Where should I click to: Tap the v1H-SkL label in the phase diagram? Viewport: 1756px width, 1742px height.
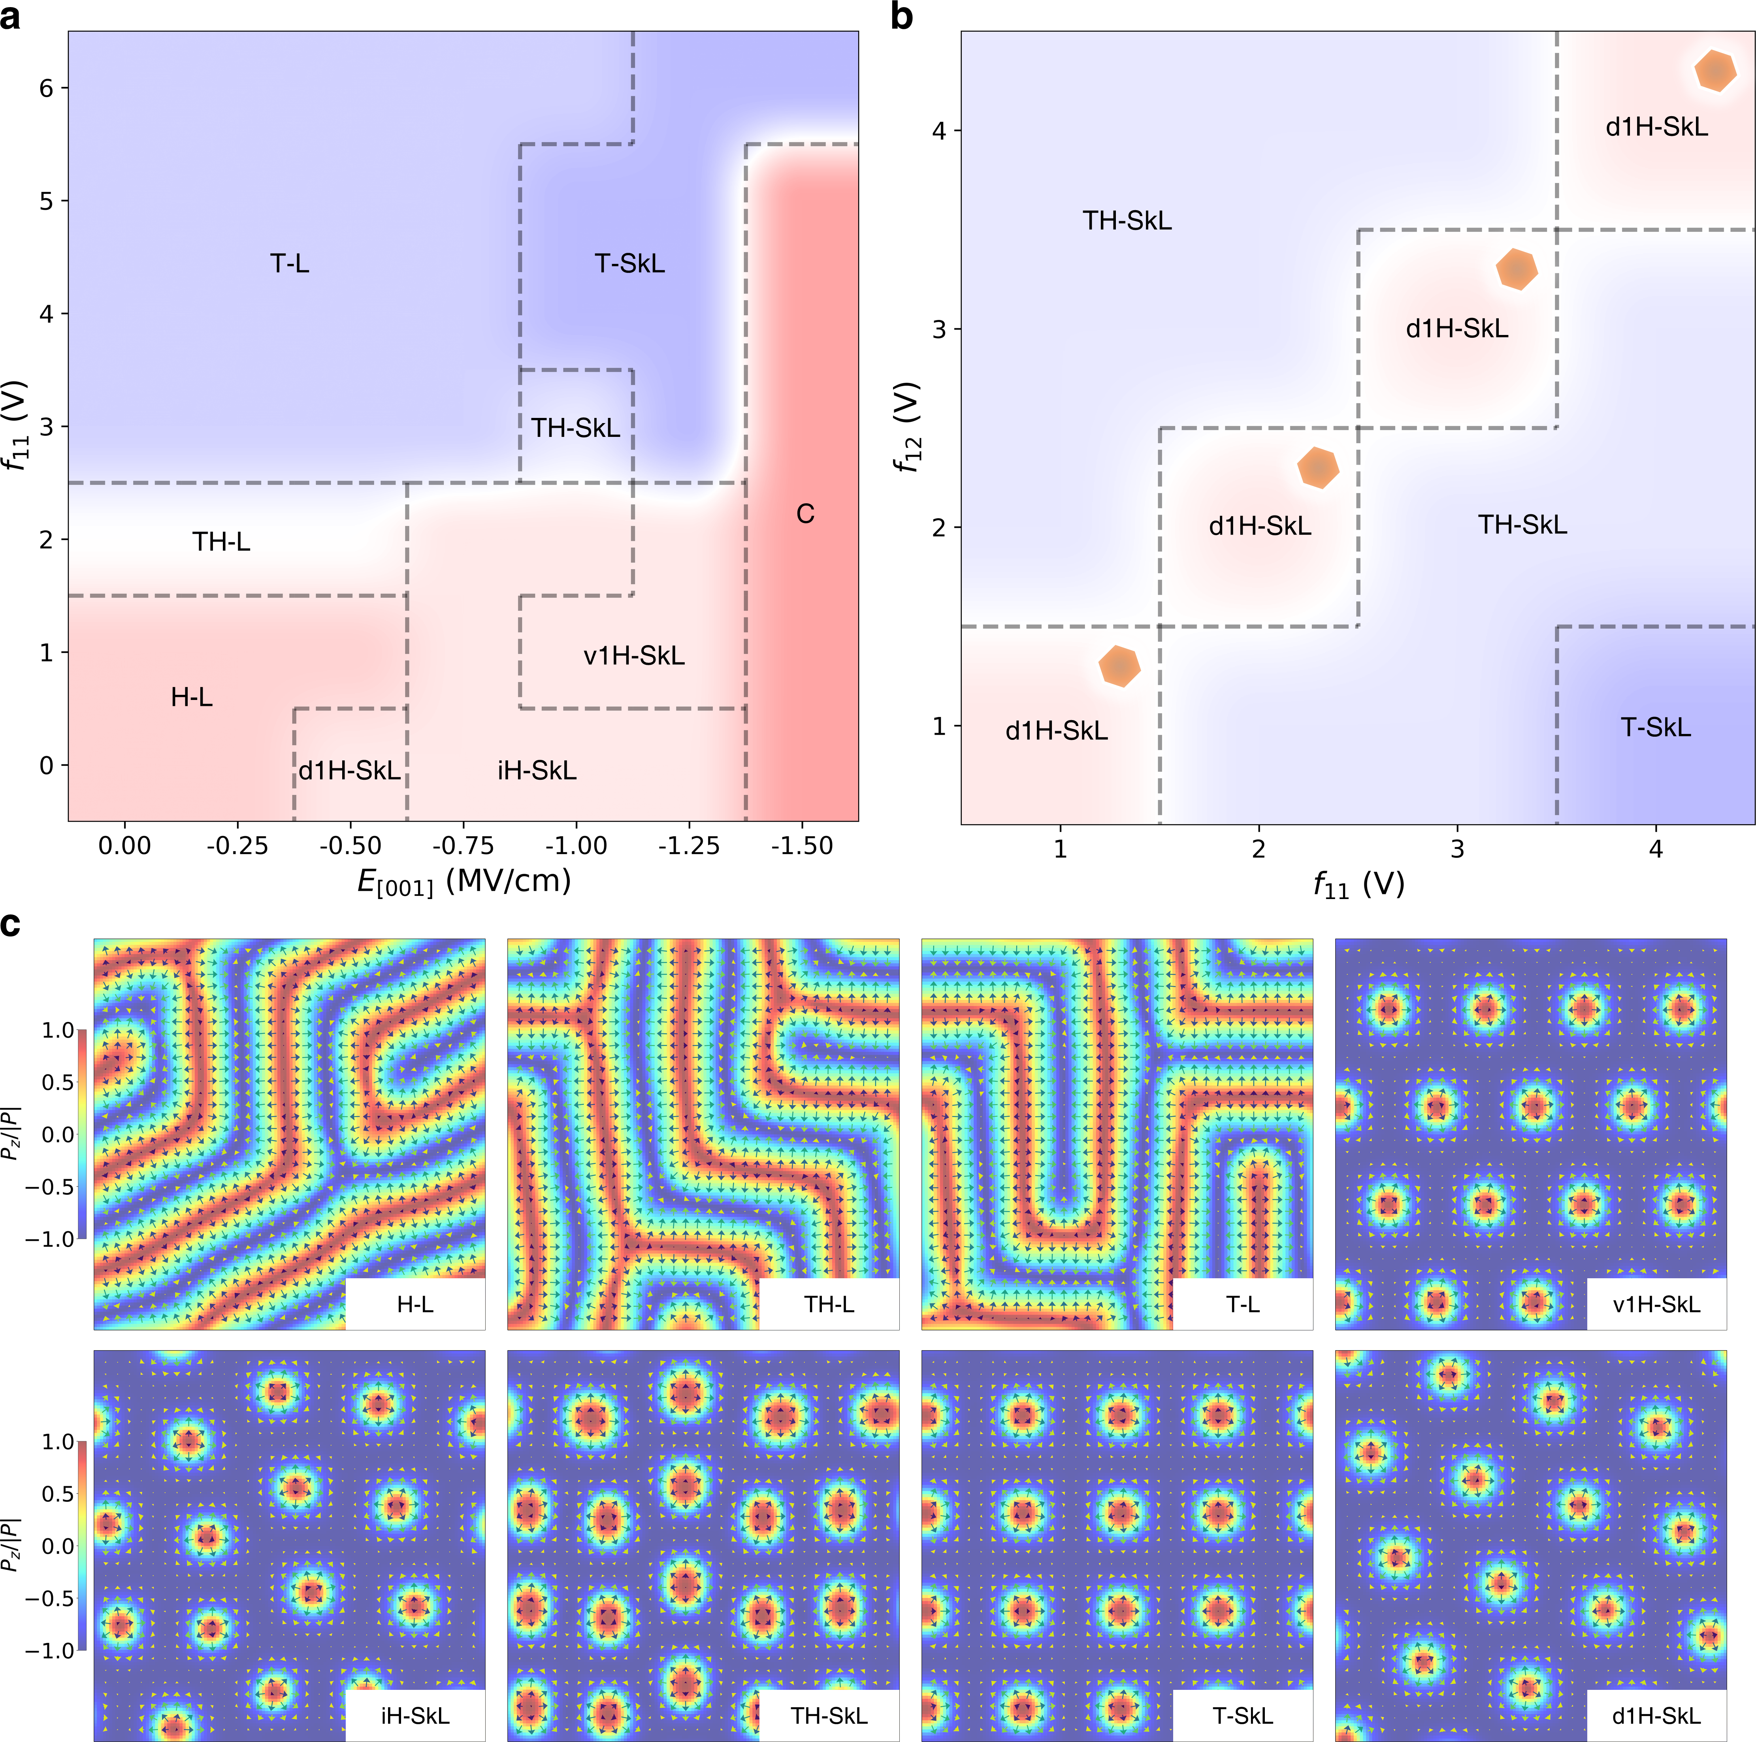click(x=633, y=655)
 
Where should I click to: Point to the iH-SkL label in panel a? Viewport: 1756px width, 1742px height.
click(x=536, y=771)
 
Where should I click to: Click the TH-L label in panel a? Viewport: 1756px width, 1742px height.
click(x=221, y=542)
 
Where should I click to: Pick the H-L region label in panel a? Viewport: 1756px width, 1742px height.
click(x=192, y=697)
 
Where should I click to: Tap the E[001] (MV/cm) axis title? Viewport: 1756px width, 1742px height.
click(x=463, y=880)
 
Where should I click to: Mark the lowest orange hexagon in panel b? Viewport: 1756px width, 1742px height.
click(x=1119, y=666)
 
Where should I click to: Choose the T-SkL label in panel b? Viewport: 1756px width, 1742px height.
click(x=1655, y=727)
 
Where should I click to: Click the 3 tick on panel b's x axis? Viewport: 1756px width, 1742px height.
click(x=1457, y=849)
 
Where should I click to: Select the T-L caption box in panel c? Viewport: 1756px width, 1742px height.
click(x=1242, y=1304)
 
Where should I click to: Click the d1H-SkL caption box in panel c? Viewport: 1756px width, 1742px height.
click(x=1656, y=1716)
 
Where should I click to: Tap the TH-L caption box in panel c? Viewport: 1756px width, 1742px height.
click(x=829, y=1304)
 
